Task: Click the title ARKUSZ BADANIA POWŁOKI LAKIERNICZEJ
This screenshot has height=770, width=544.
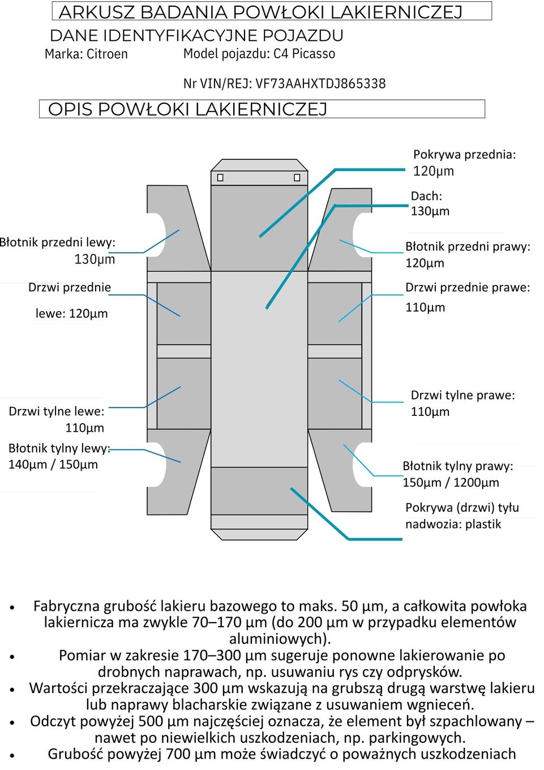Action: pos(260,12)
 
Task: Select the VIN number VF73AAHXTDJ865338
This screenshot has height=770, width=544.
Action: pos(320,84)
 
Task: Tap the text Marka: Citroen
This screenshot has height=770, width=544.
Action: pos(86,54)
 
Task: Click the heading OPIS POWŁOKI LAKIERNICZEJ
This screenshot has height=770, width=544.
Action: pos(187,109)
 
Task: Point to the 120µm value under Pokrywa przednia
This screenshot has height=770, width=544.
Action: pos(433,171)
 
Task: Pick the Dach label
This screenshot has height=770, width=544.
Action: pos(426,196)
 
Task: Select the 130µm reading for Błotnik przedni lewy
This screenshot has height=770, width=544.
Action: pos(95,259)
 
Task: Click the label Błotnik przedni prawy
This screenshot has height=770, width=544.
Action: pos(468,246)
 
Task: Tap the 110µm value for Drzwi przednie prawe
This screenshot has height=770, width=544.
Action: pos(425,308)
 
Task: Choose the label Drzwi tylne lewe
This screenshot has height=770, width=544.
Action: pos(57,411)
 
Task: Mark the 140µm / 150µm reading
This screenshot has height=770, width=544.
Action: pos(53,465)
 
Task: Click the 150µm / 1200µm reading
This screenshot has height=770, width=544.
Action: pos(451,483)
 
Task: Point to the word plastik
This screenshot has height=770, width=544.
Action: pos(483,524)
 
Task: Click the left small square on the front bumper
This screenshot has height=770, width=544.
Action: pos(220,178)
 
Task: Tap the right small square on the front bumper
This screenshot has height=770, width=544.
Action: pos(297,178)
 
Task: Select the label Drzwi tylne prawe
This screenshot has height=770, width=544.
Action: pos(462,395)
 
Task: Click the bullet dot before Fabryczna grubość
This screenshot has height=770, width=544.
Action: pos(12,607)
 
